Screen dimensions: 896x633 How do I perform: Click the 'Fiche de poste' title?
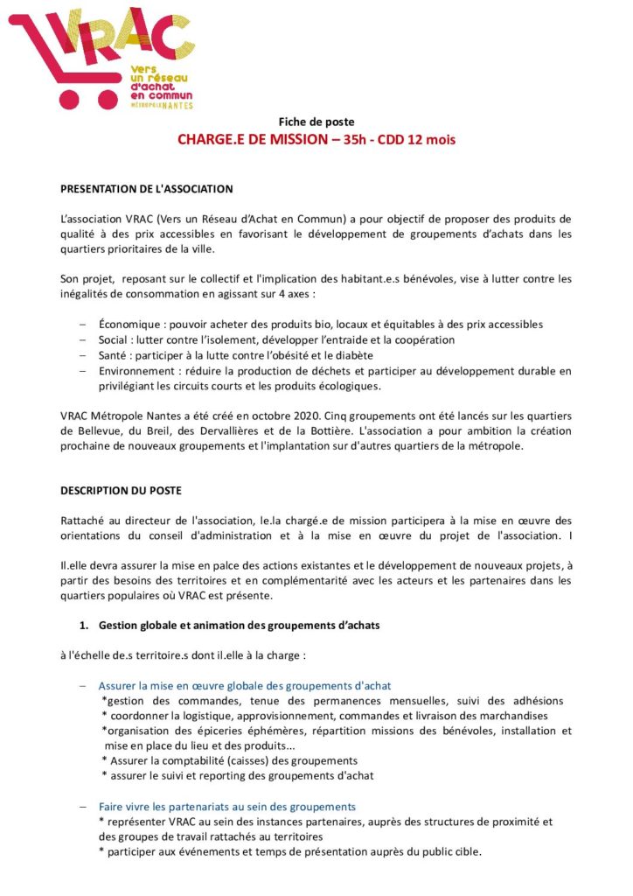point(316,122)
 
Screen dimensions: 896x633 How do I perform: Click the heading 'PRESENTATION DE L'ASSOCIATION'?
point(146,188)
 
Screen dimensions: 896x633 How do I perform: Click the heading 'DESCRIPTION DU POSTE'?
point(122,491)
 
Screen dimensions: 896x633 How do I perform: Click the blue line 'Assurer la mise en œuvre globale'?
point(244,685)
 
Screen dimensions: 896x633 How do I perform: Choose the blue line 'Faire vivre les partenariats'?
point(226,806)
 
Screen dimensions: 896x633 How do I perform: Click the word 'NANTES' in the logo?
point(177,103)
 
